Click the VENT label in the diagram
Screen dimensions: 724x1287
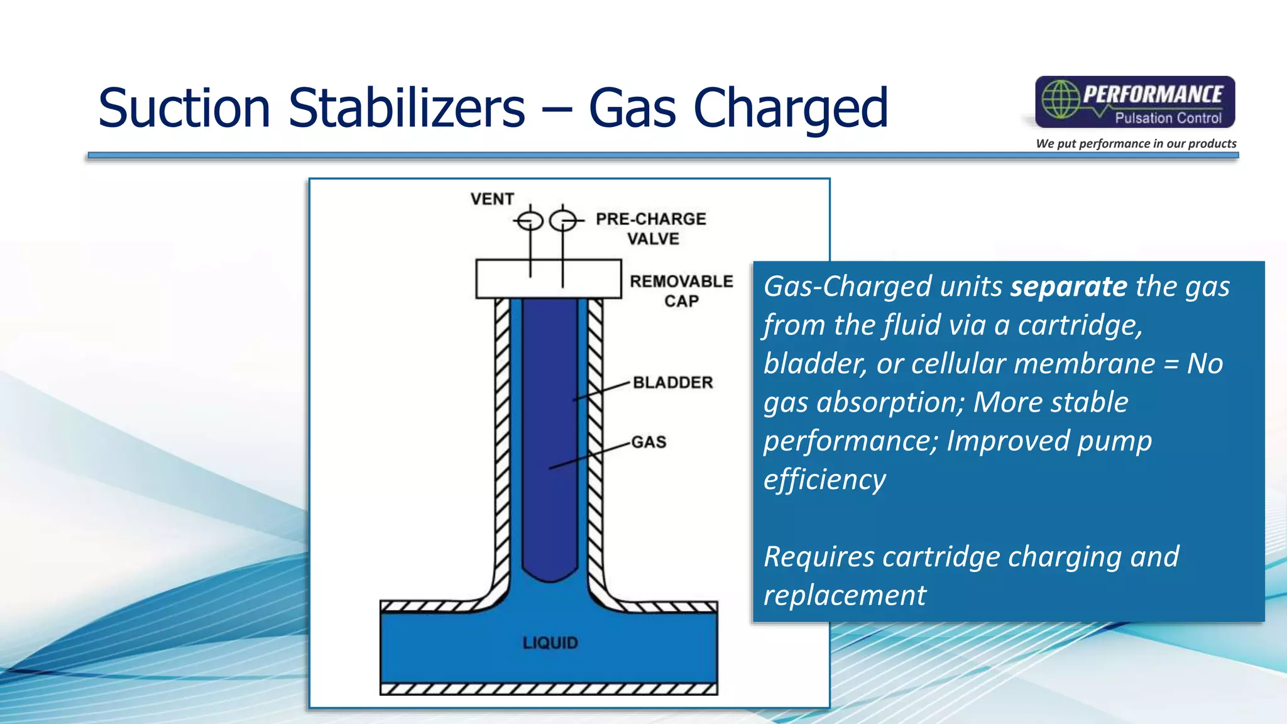pos(492,199)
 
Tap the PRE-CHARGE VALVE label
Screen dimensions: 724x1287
pos(651,228)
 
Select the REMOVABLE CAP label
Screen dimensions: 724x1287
pos(681,290)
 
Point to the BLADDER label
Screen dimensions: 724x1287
pos(672,382)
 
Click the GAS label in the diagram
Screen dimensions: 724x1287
pos(649,442)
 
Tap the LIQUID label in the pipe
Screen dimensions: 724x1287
pos(550,643)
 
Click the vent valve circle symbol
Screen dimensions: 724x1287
pos(530,221)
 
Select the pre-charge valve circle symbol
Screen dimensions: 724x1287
pos(562,221)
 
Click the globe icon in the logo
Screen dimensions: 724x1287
pos(1061,99)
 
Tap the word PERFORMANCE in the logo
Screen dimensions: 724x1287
pos(1153,94)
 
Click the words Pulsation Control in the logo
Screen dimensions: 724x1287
pos(1168,118)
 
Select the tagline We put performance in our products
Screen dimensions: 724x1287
pos(1136,143)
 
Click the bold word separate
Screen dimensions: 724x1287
pos(1068,287)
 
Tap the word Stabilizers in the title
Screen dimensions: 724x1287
pos(406,108)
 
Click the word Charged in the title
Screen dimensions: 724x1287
pos(790,108)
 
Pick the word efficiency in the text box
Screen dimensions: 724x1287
pos(824,480)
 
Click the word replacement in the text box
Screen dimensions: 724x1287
pos(845,595)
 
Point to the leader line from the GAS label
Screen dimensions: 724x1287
pos(591,456)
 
